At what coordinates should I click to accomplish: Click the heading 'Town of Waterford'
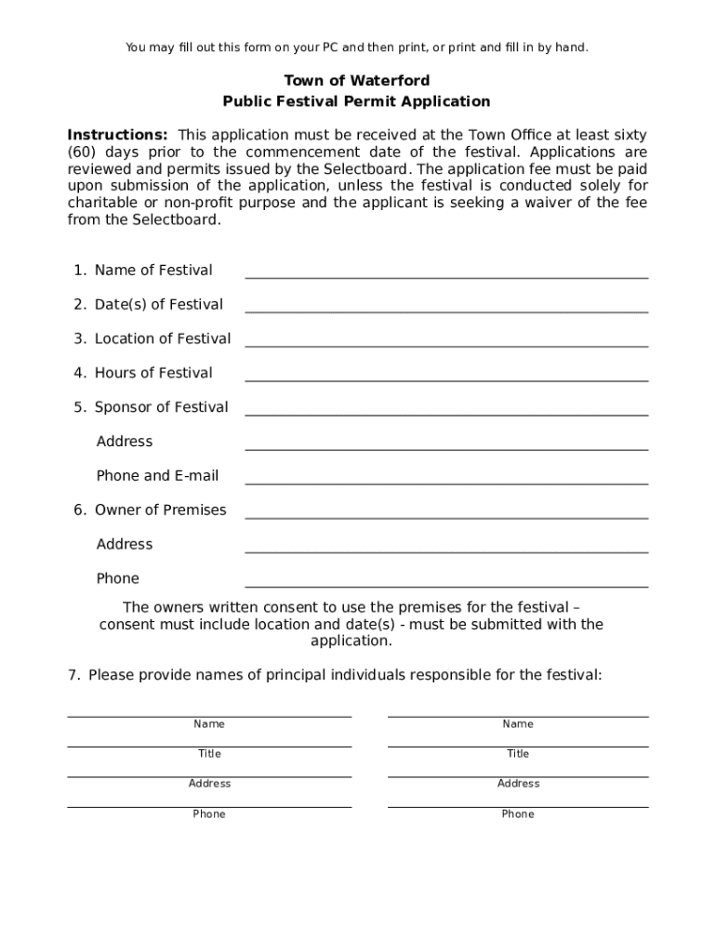coord(356,81)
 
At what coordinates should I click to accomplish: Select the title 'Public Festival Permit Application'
coord(356,101)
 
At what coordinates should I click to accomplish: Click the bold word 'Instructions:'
coord(117,135)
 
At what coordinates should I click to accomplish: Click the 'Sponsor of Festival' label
coord(161,407)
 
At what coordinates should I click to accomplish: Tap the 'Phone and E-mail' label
coord(157,476)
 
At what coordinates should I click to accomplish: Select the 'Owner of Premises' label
coord(160,509)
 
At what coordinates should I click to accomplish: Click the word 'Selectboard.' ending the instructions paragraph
coord(177,219)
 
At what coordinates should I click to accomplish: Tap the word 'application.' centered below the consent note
coord(351,641)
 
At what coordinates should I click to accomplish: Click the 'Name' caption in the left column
coord(209,724)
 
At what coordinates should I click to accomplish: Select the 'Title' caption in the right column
coord(518,754)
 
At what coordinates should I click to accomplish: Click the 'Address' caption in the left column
coord(209,784)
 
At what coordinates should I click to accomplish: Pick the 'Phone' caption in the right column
coord(518,814)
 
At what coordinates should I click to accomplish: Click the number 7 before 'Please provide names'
coord(72,675)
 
